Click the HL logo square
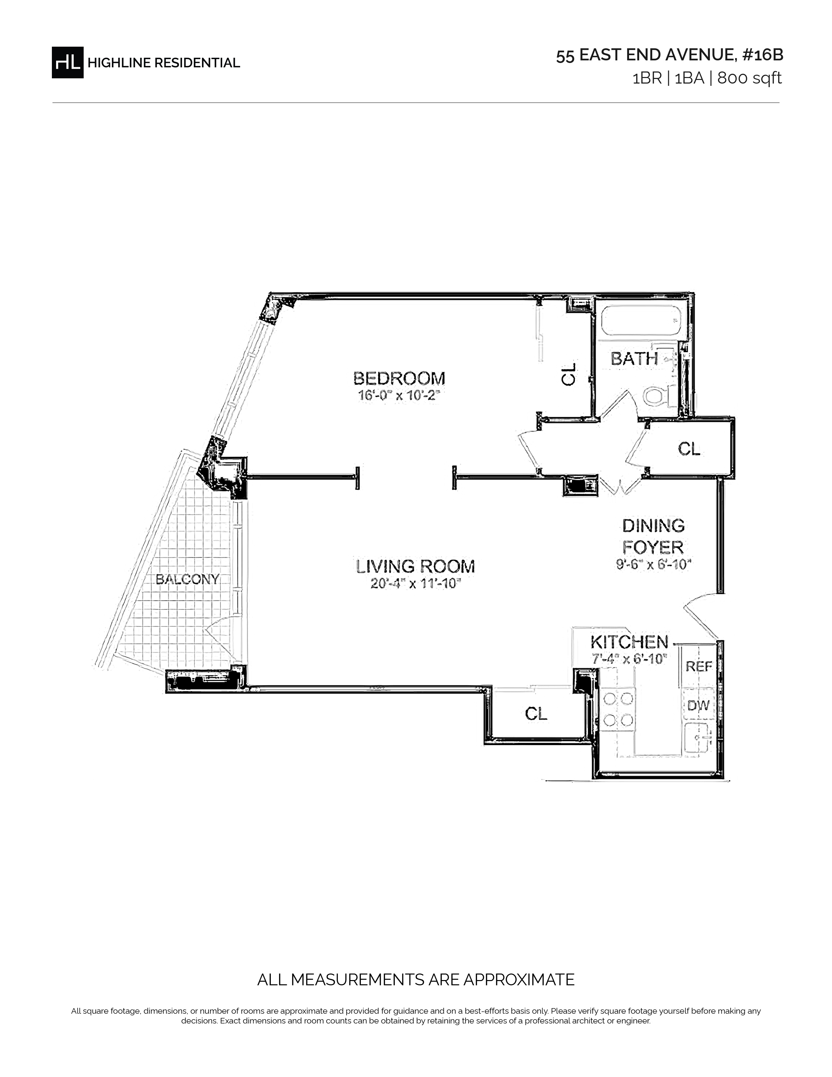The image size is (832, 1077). (68, 62)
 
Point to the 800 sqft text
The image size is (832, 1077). (749, 78)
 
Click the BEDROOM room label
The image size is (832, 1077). (399, 379)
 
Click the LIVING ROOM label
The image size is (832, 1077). (415, 567)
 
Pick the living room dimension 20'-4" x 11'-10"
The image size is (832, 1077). (415, 584)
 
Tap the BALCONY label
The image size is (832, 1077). (187, 579)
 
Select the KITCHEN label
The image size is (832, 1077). (629, 642)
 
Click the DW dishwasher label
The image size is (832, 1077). (698, 706)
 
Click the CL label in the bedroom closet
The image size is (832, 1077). (569, 374)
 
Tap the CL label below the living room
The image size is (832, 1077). (536, 713)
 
